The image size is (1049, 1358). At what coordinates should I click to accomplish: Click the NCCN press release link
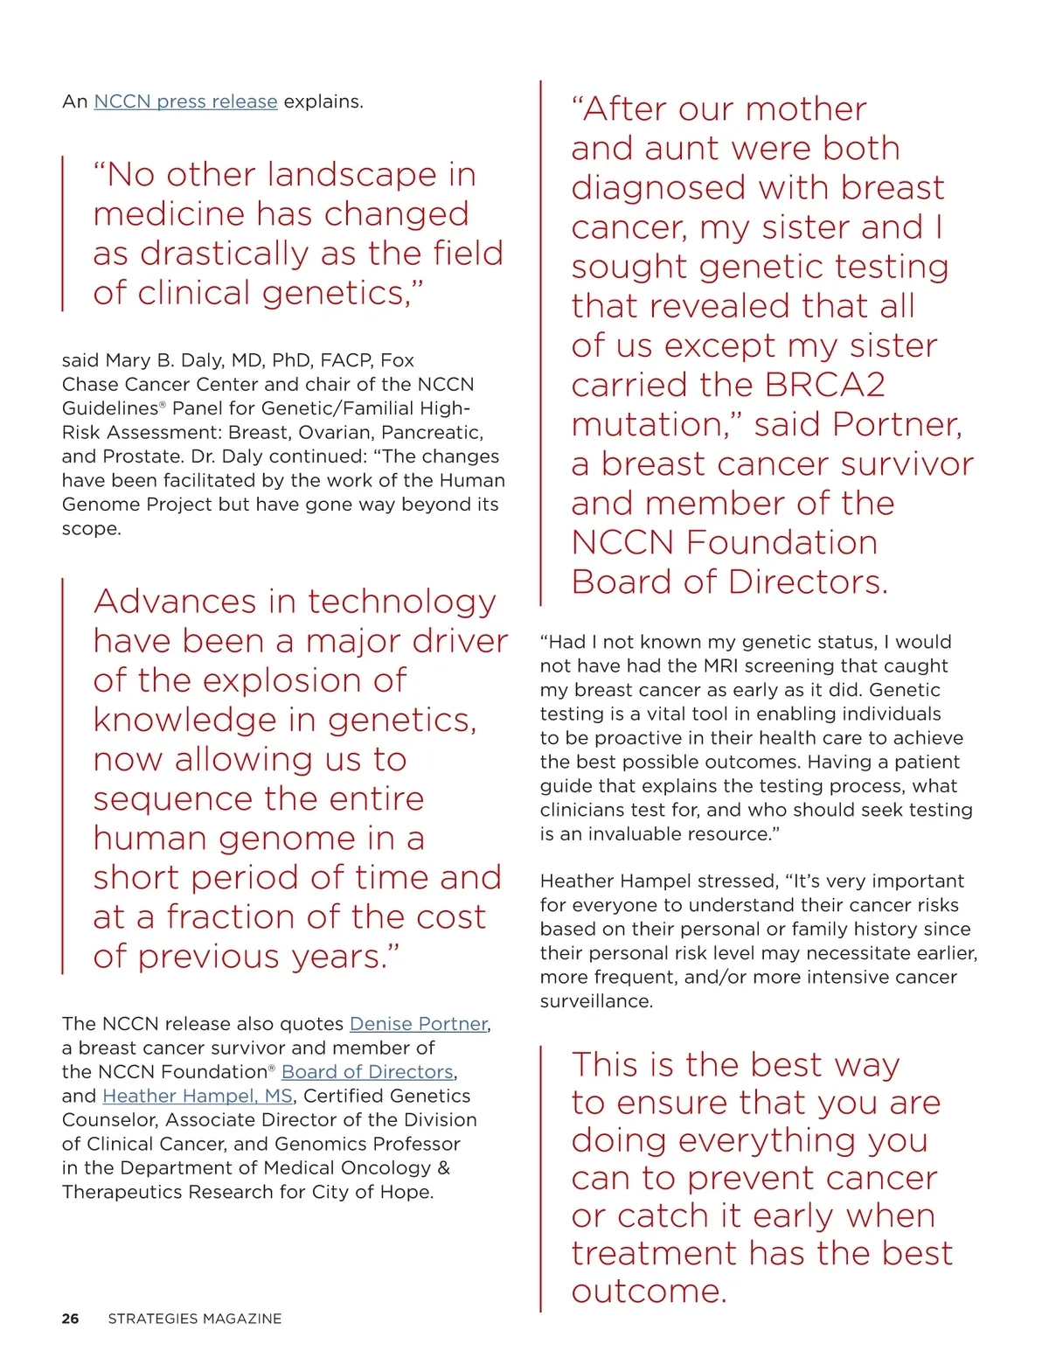[x=185, y=101]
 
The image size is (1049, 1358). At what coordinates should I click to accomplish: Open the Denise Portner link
[x=418, y=1023]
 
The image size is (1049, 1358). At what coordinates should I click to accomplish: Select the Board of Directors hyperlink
[x=367, y=1071]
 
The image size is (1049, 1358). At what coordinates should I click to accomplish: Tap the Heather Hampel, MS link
[x=198, y=1096]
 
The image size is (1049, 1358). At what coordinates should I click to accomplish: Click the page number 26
[x=70, y=1318]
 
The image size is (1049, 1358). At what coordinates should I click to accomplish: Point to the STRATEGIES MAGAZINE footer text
[x=194, y=1318]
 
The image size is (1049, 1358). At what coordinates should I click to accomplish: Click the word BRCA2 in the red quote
[x=824, y=385]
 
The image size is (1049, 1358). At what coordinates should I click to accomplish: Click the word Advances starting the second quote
[x=175, y=602]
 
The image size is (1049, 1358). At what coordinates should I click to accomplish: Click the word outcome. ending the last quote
[x=650, y=1291]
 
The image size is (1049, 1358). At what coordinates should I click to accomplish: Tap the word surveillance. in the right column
[x=596, y=1000]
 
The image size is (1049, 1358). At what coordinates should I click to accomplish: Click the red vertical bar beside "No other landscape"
[x=63, y=233]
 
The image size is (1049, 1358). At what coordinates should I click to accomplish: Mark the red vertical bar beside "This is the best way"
[x=541, y=1178]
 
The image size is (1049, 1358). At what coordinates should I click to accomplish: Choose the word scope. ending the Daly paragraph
[x=91, y=528]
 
